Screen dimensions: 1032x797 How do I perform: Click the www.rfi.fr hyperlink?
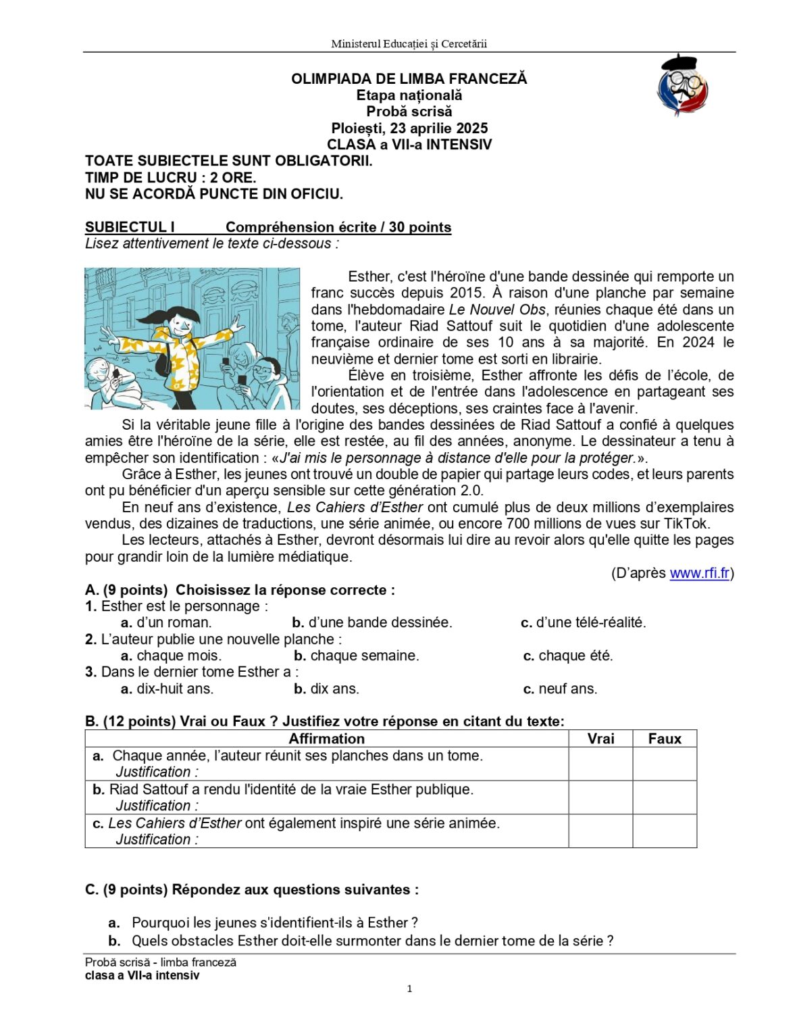[x=699, y=573]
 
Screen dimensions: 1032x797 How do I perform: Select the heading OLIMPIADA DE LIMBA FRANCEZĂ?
[x=409, y=78]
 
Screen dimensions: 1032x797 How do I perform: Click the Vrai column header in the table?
[x=600, y=739]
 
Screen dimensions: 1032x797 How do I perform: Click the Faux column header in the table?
[x=665, y=739]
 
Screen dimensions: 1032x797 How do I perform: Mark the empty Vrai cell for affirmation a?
[x=600, y=764]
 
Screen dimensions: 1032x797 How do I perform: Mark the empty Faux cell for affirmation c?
[x=665, y=831]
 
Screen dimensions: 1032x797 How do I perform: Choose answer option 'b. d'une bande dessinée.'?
[x=372, y=622]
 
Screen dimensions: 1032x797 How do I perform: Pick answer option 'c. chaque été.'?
[x=568, y=656]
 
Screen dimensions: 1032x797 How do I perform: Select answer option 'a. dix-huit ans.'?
[x=167, y=689]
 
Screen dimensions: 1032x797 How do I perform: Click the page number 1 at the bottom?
[x=409, y=989]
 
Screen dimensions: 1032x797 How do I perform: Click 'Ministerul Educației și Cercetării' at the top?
[x=409, y=44]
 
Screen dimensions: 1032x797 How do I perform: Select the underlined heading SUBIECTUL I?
[x=130, y=227]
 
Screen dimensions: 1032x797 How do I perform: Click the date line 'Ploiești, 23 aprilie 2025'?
[x=409, y=128]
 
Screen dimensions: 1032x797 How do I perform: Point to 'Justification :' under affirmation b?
[x=157, y=806]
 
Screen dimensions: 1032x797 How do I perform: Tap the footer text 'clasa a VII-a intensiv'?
[x=143, y=975]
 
